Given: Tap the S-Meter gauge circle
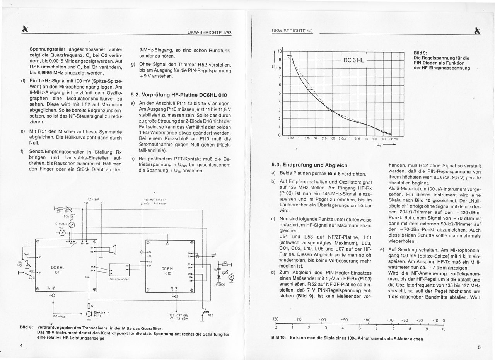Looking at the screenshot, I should [x=72, y=226].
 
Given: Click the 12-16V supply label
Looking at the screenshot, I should [x=94, y=200].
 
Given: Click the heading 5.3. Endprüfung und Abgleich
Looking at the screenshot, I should [x=309, y=165].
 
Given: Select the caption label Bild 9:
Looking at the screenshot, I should [x=420, y=53].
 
